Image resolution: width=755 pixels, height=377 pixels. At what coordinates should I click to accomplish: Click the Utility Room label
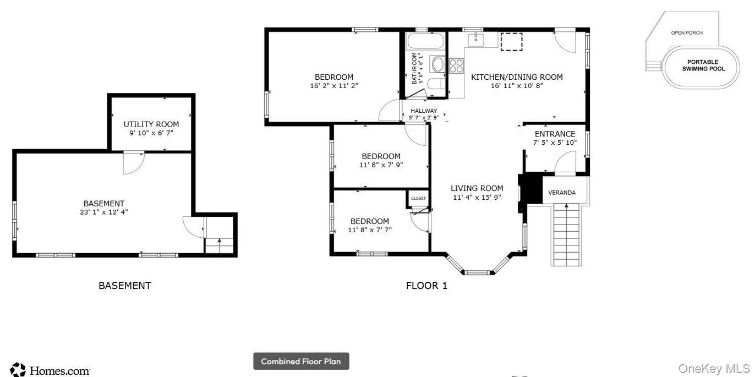pyautogui.click(x=151, y=124)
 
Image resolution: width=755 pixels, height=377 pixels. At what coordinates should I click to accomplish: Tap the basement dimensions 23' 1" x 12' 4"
pyautogui.click(x=104, y=212)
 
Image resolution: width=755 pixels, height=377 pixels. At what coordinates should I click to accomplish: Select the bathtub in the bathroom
pyautogui.click(x=425, y=41)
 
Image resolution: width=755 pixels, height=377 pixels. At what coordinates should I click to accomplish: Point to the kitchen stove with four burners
pyautogui.click(x=456, y=65)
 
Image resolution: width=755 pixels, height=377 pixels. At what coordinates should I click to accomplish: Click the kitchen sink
pyautogui.click(x=475, y=40)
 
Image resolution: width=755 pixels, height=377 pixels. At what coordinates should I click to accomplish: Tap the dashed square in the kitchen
pyautogui.click(x=511, y=42)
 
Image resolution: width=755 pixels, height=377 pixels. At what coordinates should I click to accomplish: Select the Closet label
pyautogui.click(x=418, y=198)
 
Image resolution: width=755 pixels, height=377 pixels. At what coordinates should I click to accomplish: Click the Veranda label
pyautogui.click(x=562, y=193)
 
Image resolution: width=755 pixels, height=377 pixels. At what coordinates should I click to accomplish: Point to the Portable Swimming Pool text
pyautogui.click(x=703, y=65)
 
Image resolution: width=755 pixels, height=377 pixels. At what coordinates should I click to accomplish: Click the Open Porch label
pyautogui.click(x=687, y=32)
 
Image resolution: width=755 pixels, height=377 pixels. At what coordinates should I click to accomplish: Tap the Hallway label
pyautogui.click(x=424, y=111)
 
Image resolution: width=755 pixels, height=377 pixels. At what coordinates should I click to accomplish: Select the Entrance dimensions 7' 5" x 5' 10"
pyautogui.click(x=555, y=143)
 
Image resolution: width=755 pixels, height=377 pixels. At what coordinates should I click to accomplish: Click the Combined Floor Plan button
pyautogui.click(x=301, y=361)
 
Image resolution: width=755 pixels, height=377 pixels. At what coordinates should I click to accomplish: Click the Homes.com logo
pyautogui.click(x=50, y=370)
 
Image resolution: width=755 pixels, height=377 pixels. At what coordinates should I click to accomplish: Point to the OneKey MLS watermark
pyautogui.click(x=714, y=369)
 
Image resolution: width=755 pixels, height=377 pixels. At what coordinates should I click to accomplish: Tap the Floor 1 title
pyautogui.click(x=426, y=286)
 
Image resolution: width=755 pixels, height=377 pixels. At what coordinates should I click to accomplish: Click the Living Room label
pyautogui.click(x=477, y=188)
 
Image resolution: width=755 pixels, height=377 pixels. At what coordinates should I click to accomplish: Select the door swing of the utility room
pyautogui.click(x=134, y=163)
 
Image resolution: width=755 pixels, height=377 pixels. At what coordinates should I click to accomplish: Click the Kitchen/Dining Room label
pyautogui.click(x=517, y=77)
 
